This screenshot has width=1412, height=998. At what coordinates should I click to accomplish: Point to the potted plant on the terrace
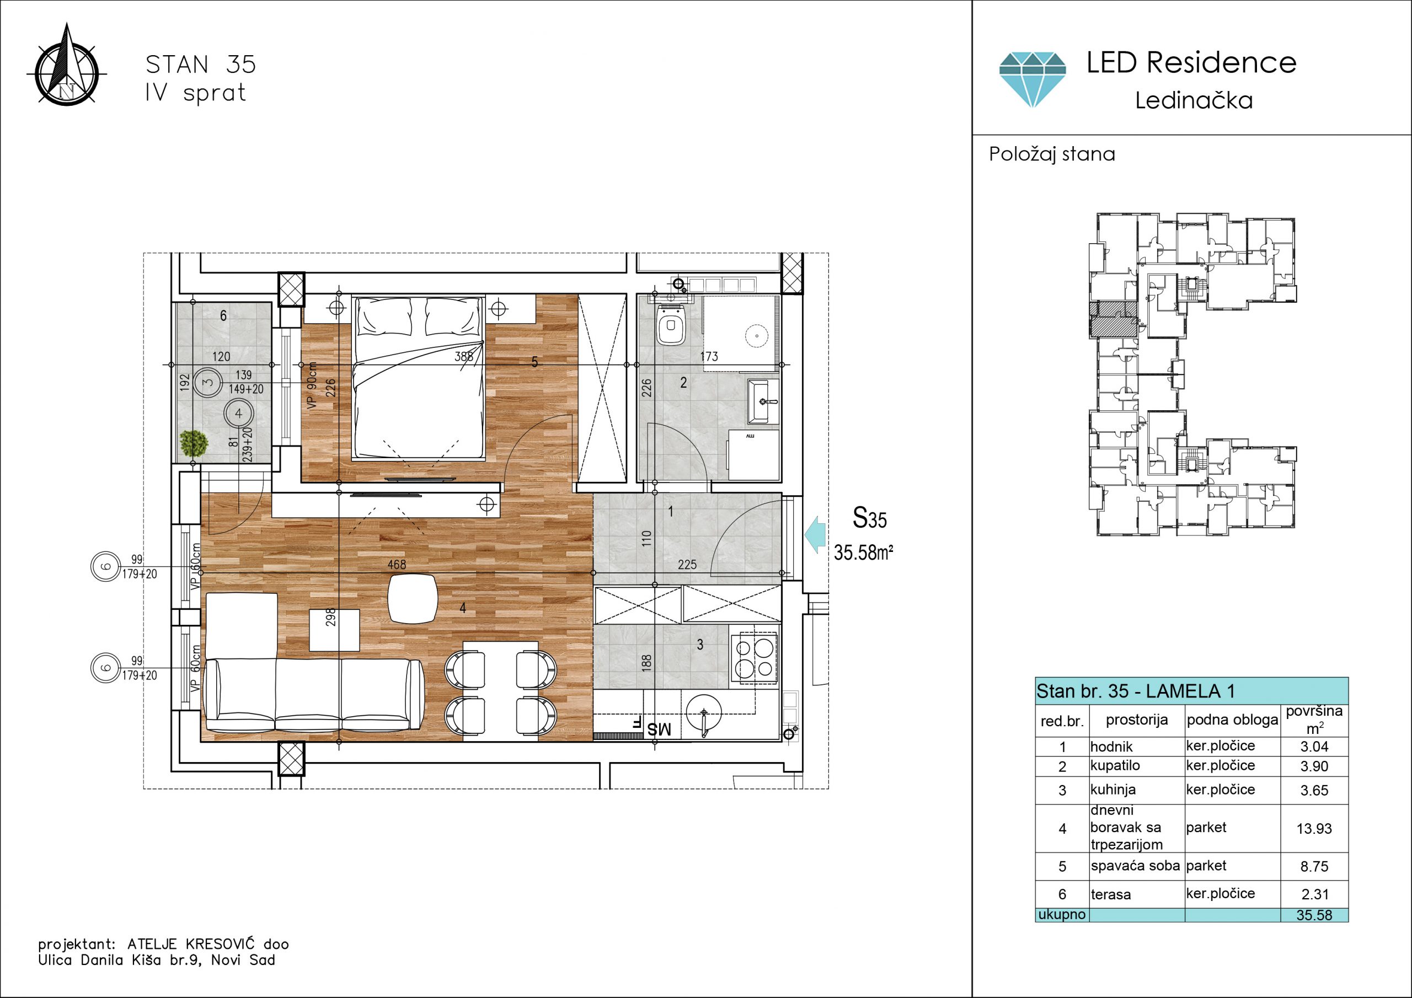coord(194,443)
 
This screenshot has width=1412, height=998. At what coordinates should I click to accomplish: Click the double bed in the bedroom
coord(418,378)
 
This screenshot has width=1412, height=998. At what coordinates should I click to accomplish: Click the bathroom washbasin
coord(763,401)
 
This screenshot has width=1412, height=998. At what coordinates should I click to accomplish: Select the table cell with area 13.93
coord(1314,828)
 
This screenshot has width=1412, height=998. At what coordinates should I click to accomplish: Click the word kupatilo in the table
coord(1115,765)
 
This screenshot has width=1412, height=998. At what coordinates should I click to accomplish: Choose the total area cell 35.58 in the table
coord(1314,915)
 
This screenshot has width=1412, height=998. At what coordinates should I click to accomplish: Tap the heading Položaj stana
coord(1052,154)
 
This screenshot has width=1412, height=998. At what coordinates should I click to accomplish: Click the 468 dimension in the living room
coord(397,564)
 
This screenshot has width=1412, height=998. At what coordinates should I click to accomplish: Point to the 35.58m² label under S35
coord(863,552)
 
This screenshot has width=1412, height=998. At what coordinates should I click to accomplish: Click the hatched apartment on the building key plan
coord(1114,319)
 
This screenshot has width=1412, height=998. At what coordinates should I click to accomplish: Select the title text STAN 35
coord(200,65)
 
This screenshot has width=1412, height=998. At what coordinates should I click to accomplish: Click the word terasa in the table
coord(1111,895)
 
